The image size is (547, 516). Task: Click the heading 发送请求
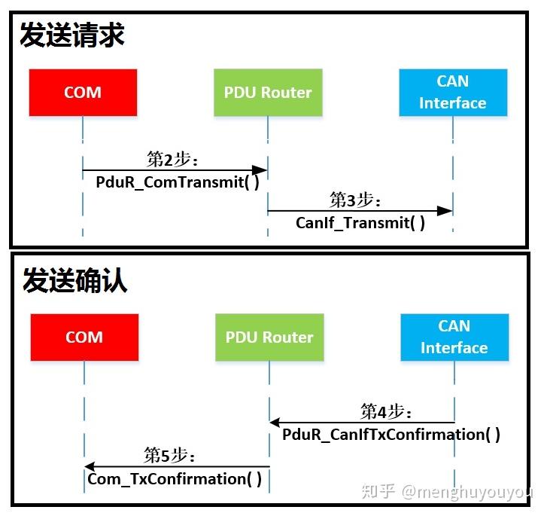pos(72,35)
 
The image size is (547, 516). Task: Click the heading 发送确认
pos(74,280)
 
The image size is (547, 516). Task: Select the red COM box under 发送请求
pos(83,93)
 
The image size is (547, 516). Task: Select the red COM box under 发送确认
pos(84,337)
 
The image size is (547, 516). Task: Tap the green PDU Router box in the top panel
pos(268,93)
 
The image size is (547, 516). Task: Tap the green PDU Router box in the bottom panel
pos(269,337)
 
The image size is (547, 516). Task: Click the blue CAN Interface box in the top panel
pos(453,93)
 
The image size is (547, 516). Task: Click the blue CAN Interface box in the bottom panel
pos(454,337)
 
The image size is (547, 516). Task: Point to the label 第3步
pos(356,200)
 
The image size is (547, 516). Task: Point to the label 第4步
pos(387,411)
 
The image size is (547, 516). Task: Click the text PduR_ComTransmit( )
pos(178,182)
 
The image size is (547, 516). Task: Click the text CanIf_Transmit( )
pos(360,223)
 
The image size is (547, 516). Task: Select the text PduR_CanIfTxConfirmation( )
pos(391,435)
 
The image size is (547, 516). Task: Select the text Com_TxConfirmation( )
pos(175,479)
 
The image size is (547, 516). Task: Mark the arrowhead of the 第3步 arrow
pos(447,211)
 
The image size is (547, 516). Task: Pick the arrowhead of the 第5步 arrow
pos(90,467)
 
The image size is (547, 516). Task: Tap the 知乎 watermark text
pos(378,493)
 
